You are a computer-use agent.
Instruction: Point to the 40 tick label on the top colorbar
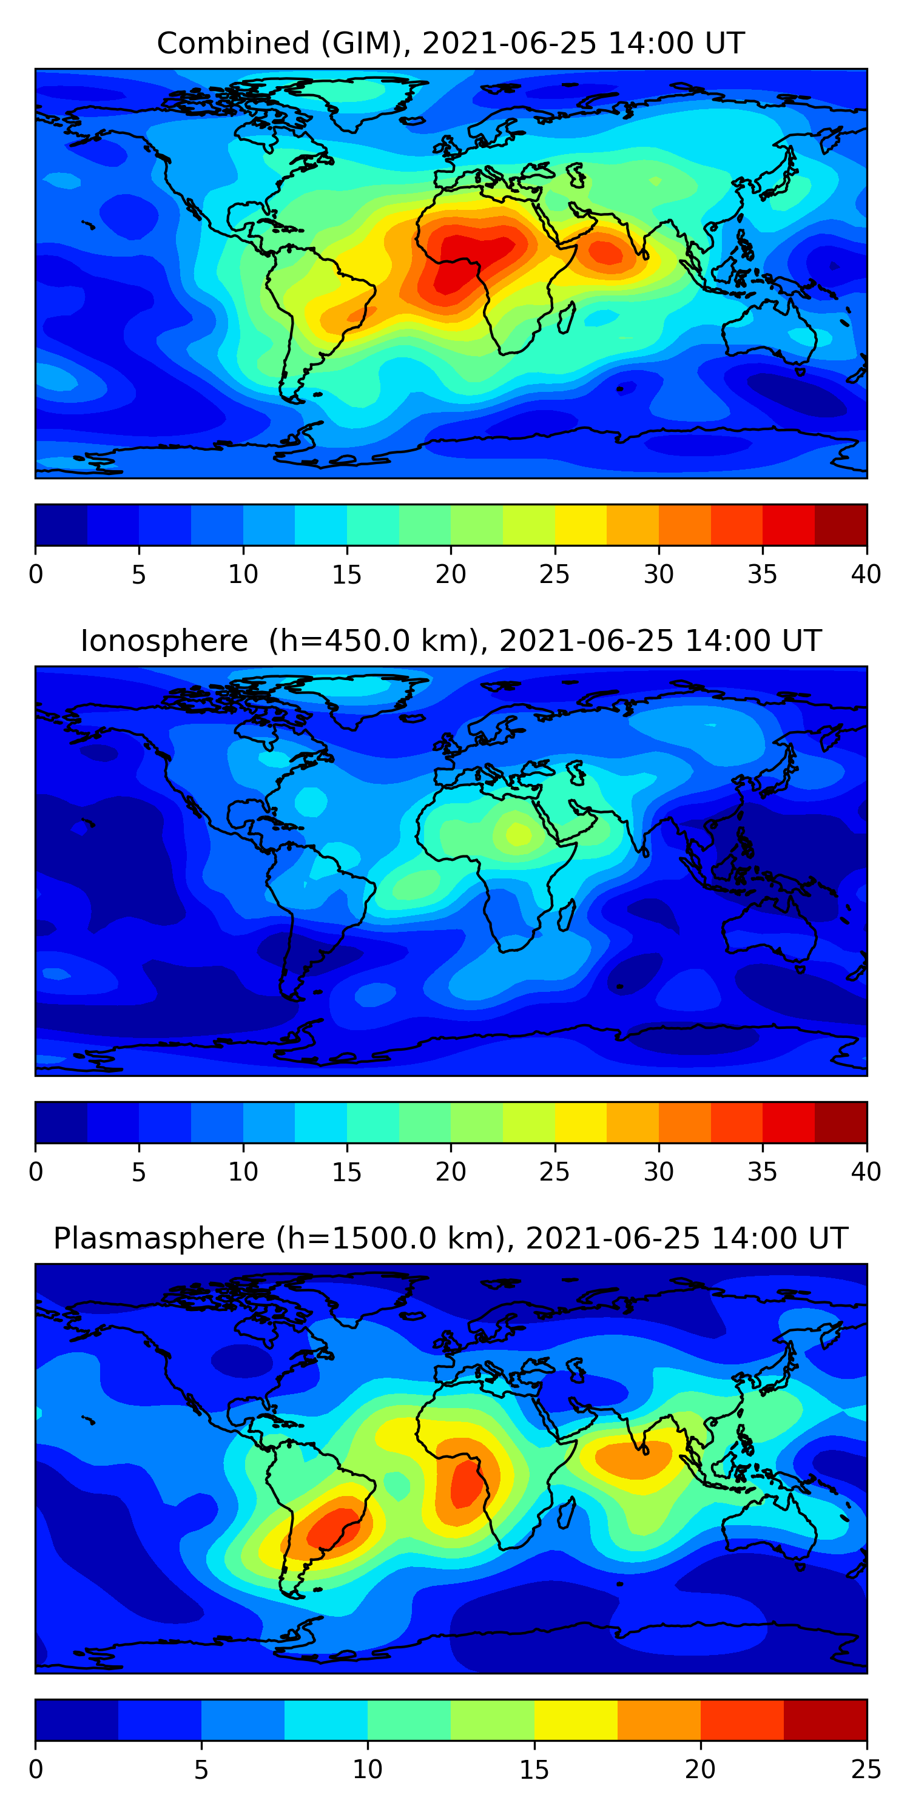coord(866,575)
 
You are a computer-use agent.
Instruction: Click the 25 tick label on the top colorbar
coord(554,575)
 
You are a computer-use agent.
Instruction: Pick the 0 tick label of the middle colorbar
coord(36,1172)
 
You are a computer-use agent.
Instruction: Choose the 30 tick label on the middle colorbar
coord(658,1172)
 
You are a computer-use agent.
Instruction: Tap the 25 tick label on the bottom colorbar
coord(866,1770)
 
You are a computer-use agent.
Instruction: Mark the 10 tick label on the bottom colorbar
coord(368,1770)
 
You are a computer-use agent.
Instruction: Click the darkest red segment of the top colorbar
coord(841,525)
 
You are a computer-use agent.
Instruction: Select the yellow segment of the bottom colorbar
coord(576,1721)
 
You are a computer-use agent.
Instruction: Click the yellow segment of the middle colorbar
coord(581,1123)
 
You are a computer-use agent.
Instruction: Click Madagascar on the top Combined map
coord(565,317)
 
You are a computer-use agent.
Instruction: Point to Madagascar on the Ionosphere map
coord(565,915)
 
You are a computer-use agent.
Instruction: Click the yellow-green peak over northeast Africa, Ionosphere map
coord(518,834)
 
